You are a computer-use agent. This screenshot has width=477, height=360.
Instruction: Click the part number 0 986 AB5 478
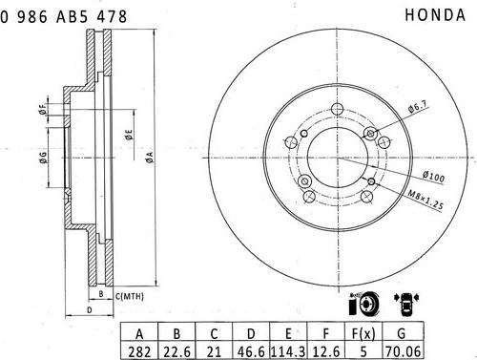pyautogui.click(x=63, y=16)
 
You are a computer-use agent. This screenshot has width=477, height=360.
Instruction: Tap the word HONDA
pyautogui.click(x=435, y=15)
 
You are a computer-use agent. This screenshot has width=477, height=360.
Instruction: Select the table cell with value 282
pyautogui.click(x=139, y=351)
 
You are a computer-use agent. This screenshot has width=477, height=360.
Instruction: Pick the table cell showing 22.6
pyautogui.click(x=176, y=351)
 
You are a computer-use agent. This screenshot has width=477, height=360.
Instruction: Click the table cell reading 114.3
pyautogui.click(x=288, y=351)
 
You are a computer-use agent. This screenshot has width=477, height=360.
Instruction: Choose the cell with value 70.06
pyautogui.click(x=403, y=351)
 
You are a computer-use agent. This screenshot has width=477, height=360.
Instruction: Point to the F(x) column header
pyautogui.click(x=363, y=333)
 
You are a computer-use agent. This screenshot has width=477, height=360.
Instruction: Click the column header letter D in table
pyautogui.click(x=251, y=333)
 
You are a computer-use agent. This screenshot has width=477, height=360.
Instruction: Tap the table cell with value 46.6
pyautogui.click(x=251, y=351)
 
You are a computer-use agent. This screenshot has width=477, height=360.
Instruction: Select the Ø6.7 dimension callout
pyautogui.click(x=418, y=106)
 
